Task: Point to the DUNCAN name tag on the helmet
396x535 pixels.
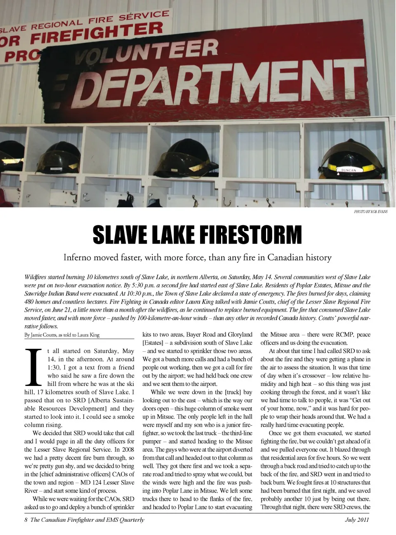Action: pyautogui.click(x=348, y=170)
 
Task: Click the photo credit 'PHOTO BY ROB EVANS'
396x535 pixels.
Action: pyautogui.click(x=370, y=212)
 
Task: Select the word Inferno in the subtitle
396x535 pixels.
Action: pyautogui.click(x=77, y=258)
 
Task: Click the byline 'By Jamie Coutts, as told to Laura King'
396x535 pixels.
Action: pyautogui.click(x=62, y=335)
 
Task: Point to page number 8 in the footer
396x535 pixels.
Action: pyautogui.click(x=26, y=520)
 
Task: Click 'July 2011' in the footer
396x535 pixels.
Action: pyautogui.click(x=357, y=520)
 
